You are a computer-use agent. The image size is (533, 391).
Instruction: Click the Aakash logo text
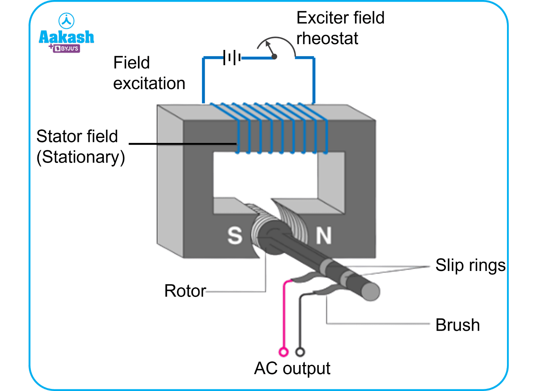[66, 37]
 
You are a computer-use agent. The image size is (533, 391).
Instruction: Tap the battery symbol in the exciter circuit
[232, 57]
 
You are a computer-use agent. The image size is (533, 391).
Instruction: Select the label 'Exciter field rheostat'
[340, 28]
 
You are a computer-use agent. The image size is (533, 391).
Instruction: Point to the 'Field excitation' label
[149, 73]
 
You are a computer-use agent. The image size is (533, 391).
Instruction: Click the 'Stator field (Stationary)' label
[80, 147]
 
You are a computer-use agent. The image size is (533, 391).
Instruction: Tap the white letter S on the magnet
[235, 235]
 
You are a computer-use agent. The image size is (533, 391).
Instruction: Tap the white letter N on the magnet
[323, 235]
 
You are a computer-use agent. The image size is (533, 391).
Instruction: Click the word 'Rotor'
[185, 291]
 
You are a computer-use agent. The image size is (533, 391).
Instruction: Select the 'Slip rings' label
[470, 265]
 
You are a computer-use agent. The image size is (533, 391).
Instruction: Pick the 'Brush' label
[457, 325]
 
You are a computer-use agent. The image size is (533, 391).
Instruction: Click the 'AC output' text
[292, 368]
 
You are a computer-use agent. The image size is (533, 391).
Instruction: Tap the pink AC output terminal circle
[283, 352]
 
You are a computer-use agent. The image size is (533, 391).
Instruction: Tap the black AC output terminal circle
[300, 352]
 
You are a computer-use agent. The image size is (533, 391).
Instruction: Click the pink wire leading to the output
[284, 316]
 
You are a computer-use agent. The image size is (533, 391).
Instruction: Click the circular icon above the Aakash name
[66, 21]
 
